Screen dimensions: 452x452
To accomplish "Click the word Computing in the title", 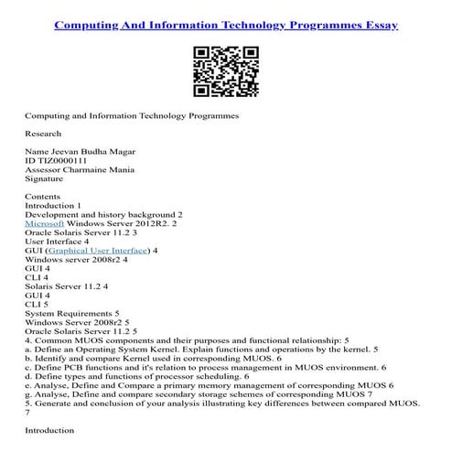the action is (91, 25).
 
